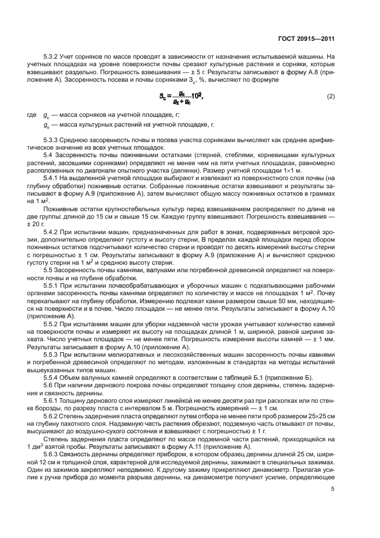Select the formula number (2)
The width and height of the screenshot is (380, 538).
pyautogui.click(x=331, y=96)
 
